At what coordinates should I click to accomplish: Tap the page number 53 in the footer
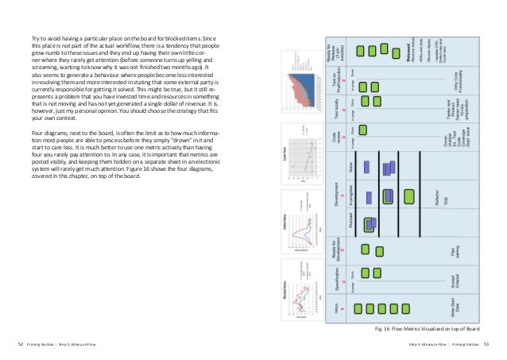coord(486,343)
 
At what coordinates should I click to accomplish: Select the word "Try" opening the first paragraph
coord(36,39)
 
